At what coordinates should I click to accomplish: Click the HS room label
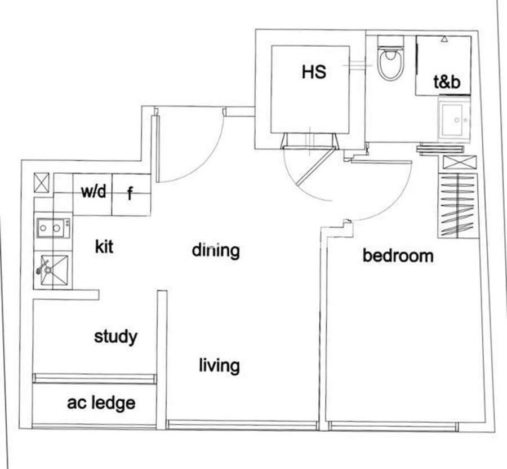pyautogui.click(x=314, y=72)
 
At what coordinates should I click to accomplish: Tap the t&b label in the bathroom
pyautogui.click(x=447, y=82)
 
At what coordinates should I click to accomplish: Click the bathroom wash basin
pyautogui.click(x=454, y=120)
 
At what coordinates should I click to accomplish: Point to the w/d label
pyautogui.click(x=93, y=191)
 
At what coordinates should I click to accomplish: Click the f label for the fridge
pyautogui.click(x=130, y=193)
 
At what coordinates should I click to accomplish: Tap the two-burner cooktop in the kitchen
pyautogui.click(x=54, y=228)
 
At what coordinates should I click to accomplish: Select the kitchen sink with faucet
pyautogui.click(x=54, y=271)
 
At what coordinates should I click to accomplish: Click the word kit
pyautogui.click(x=104, y=247)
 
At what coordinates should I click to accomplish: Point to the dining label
pyautogui.click(x=216, y=251)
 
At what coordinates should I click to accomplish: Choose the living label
pyautogui.click(x=219, y=365)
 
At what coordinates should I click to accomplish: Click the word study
pyautogui.click(x=115, y=337)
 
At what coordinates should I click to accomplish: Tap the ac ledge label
pyautogui.click(x=101, y=403)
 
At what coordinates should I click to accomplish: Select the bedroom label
pyautogui.click(x=398, y=255)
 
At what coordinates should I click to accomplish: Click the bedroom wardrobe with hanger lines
pyautogui.click(x=458, y=206)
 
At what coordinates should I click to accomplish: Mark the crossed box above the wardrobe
pyautogui.click(x=460, y=162)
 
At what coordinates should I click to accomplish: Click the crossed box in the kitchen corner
pyautogui.click(x=42, y=183)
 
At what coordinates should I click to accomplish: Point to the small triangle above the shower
pyautogui.click(x=444, y=39)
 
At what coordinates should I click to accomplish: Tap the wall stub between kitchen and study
pyautogui.click(x=66, y=295)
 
